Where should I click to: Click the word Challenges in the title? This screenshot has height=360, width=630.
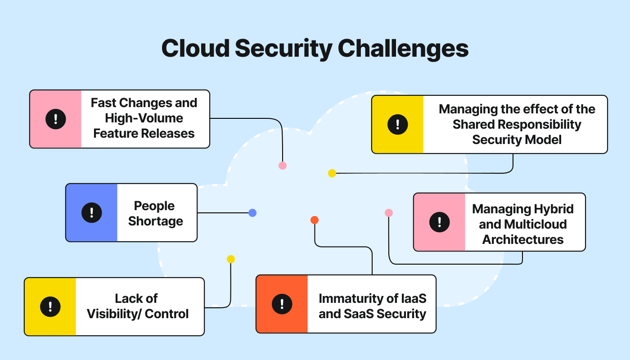click(399, 48)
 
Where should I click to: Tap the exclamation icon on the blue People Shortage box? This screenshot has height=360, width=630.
click(91, 212)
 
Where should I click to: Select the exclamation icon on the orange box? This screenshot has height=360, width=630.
click(282, 304)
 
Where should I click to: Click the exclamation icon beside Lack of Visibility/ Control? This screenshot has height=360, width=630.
click(50, 306)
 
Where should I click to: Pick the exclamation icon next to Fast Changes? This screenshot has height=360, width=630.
click(55, 119)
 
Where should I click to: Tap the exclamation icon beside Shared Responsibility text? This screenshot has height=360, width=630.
click(397, 124)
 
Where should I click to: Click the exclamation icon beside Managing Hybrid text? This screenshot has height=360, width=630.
click(439, 222)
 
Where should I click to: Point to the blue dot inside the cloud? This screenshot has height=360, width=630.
click(252, 213)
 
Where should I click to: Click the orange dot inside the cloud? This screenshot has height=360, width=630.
click(315, 220)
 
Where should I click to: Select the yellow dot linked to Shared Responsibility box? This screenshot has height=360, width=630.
click(332, 173)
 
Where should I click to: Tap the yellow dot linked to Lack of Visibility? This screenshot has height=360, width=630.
click(231, 259)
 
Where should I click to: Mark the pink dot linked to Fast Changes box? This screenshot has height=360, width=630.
click(283, 166)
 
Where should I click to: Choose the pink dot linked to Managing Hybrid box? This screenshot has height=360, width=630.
click(389, 213)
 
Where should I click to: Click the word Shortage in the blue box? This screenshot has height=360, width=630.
click(156, 221)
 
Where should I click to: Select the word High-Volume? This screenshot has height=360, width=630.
click(144, 118)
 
